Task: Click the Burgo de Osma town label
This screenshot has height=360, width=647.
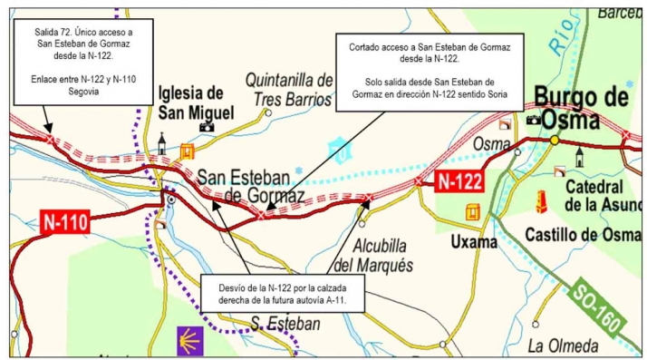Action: pos(581,107)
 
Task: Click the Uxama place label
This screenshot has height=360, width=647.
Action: pos(474,242)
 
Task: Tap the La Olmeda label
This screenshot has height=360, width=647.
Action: pos(562,345)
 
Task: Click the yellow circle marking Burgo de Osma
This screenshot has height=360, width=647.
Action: pos(555,140)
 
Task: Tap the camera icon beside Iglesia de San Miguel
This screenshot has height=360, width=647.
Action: pos(206,126)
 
